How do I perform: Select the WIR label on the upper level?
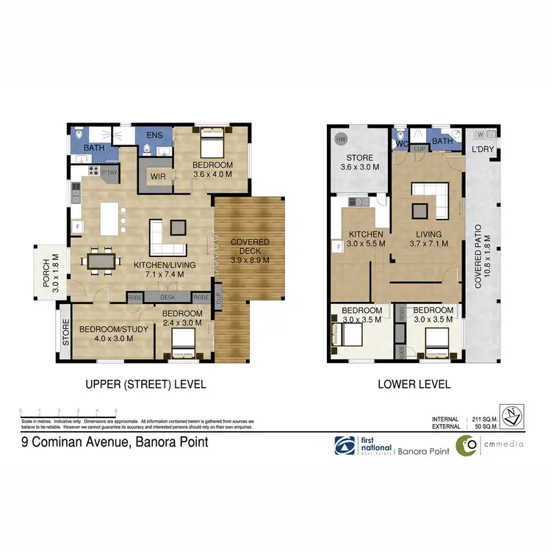click(157, 177)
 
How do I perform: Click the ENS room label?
click(154, 136)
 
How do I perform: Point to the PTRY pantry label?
click(109, 173)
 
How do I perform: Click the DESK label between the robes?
click(168, 298)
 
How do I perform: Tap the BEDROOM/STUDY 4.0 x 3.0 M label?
click(114, 334)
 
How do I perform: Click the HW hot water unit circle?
click(341, 139)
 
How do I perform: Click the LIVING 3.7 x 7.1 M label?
click(425, 240)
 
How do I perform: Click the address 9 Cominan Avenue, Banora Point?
click(114, 442)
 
